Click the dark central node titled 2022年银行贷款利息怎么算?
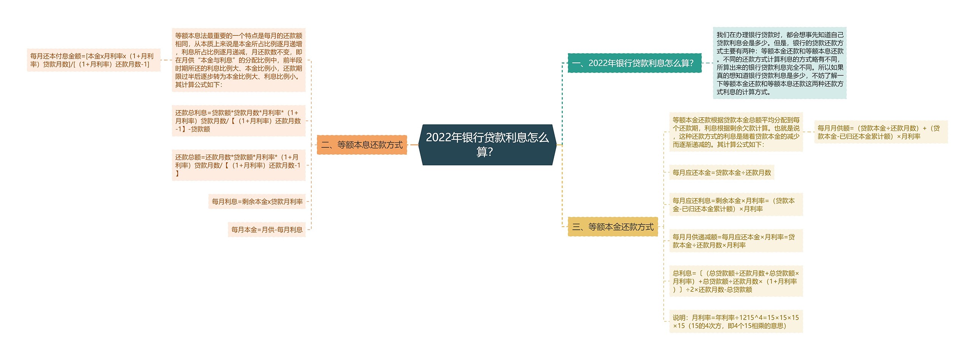point(487,144)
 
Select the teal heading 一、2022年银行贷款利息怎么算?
point(635,63)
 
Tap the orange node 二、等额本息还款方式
point(362,145)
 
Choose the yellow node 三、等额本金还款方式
point(613,227)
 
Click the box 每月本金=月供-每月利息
point(267,229)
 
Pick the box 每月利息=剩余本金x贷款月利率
point(257,201)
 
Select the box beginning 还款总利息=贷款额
point(238,121)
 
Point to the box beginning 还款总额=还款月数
point(238,165)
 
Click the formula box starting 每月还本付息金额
point(93,60)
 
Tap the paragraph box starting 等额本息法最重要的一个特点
point(238,60)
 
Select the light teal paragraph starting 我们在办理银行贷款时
point(780,63)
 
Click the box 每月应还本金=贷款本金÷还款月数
point(722,173)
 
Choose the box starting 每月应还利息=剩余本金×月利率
point(736,205)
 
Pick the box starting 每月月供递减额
point(736,241)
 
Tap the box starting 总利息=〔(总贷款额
point(736,281)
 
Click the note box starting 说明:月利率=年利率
point(736,322)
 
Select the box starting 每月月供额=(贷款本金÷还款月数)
point(881,132)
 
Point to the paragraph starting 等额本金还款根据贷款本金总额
point(736,132)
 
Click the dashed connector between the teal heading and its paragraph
point(707,63)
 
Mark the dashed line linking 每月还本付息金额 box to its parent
point(166,60)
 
